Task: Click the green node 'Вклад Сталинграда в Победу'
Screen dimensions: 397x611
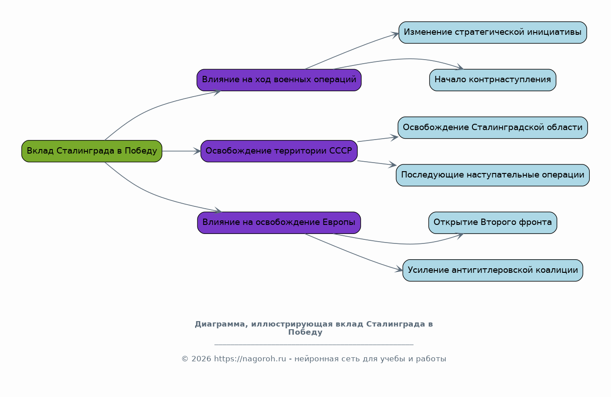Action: coord(92,151)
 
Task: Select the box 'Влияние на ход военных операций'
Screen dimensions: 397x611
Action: coord(279,80)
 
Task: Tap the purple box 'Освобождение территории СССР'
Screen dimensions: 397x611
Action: coord(279,151)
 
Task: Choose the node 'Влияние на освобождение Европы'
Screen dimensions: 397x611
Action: coord(279,223)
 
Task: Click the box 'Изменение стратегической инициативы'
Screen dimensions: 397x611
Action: coord(492,33)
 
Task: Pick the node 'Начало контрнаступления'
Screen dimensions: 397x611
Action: coord(492,80)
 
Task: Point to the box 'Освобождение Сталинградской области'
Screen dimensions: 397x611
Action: coord(492,127)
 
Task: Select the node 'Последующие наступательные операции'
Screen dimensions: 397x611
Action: coord(492,175)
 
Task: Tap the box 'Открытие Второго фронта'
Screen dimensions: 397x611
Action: coord(492,223)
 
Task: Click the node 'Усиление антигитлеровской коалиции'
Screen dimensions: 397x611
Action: coord(492,270)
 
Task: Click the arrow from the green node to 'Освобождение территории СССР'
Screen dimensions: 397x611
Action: coord(181,151)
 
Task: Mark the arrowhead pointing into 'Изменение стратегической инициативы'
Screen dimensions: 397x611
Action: coord(396,34)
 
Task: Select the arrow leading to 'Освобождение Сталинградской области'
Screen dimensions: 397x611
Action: coord(377,139)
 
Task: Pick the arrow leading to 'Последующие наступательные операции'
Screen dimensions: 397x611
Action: coord(377,163)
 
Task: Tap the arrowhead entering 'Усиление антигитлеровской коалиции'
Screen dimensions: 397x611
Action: coord(399,270)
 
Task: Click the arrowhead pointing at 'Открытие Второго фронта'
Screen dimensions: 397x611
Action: coord(460,235)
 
